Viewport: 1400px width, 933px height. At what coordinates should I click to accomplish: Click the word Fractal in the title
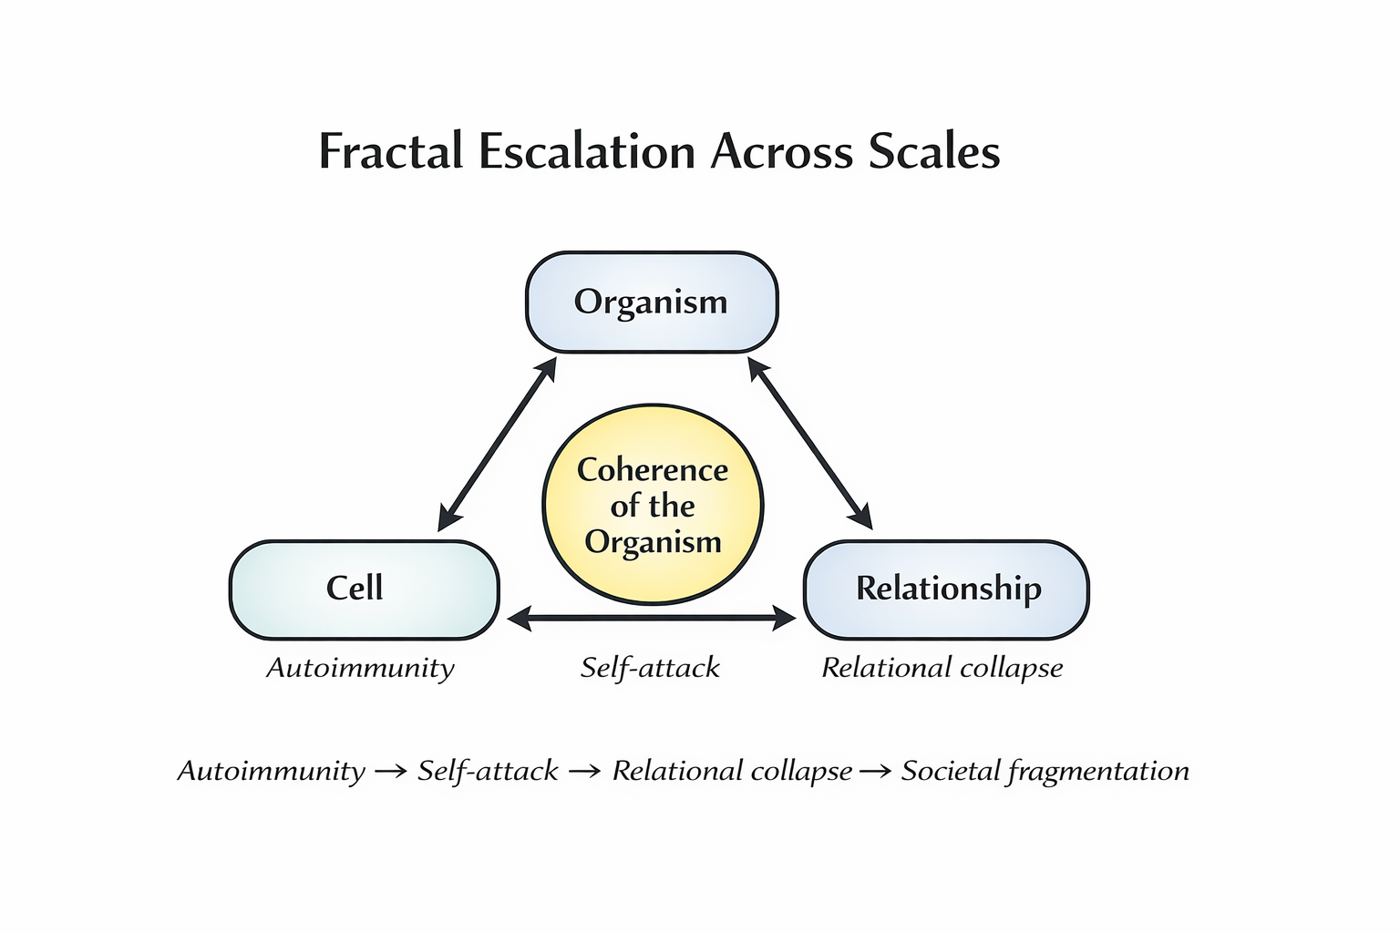pos(391,150)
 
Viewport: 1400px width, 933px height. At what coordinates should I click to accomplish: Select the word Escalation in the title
pos(587,150)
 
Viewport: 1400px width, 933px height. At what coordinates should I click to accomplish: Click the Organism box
pos(652,302)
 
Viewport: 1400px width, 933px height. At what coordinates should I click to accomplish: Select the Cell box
pos(365,590)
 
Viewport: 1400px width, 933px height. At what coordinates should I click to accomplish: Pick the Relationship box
pos(946,590)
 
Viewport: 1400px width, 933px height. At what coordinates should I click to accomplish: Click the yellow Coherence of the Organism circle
pos(653,504)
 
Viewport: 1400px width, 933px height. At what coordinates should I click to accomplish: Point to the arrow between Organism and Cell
pos(497,445)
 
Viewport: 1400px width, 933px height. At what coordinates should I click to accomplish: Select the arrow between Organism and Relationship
pos(810,444)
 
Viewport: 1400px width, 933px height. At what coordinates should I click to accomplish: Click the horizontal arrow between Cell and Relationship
pos(652,618)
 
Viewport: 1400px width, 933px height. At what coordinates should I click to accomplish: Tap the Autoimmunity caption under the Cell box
pos(361,668)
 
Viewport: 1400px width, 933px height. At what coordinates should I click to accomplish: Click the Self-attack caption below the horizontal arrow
pos(650,668)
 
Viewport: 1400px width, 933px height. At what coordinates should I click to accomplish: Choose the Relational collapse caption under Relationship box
pos(942,668)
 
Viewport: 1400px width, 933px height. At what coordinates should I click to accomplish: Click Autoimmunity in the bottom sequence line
pos(272,771)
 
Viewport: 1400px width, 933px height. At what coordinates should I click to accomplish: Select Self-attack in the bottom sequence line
pos(488,771)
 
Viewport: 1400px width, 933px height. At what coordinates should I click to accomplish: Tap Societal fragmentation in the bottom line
pos(1045,771)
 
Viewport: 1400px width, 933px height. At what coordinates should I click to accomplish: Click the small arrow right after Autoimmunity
pos(391,772)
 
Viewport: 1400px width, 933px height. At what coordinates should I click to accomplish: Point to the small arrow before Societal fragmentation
pos(876,772)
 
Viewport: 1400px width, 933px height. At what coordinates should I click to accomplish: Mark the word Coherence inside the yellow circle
pos(653,470)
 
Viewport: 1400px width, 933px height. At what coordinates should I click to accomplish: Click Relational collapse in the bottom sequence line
pos(732,771)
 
